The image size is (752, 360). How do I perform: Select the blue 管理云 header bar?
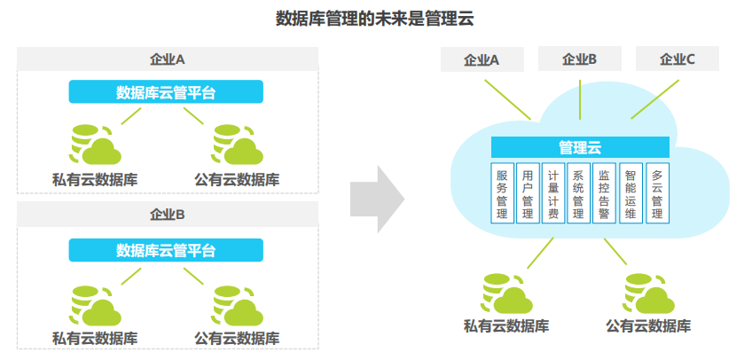pyautogui.click(x=580, y=147)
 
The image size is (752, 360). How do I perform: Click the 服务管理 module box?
pyautogui.click(x=502, y=193)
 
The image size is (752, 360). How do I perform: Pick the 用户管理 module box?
pyautogui.click(x=528, y=193)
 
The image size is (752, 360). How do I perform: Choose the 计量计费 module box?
pyautogui.click(x=553, y=193)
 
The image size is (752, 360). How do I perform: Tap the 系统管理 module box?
pyautogui.click(x=579, y=193)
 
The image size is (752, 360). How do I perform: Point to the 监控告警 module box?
pyautogui.click(x=605, y=193)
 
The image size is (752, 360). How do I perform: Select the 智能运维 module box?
pyautogui.click(x=631, y=193)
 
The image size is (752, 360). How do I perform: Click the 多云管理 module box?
pyautogui.click(x=657, y=193)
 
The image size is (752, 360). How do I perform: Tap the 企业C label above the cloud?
pyautogui.click(x=678, y=59)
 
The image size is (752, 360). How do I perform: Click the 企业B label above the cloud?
pyautogui.click(x=579, y=59)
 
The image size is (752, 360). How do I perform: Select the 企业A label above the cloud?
pyautogui.click(x=482, y=59)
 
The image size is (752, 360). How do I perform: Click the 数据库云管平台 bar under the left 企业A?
pyautogui.click(x=166, y=91)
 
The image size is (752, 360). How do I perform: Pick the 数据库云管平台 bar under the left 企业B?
pyautogui.click(x=166, y=250)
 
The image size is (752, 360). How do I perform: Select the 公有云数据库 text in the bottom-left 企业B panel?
pyautogui.click(x=237, y=338)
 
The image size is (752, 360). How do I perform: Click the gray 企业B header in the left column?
pyautogui.click(x=168, y=214)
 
